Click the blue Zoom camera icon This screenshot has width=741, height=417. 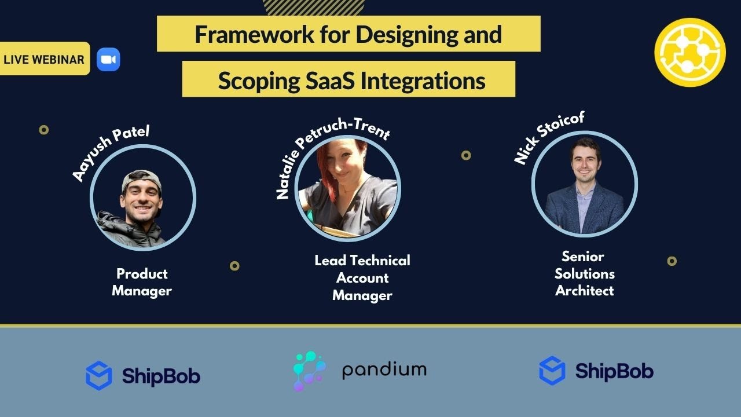tap(108, 60)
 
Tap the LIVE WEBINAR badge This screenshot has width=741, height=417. tap(44, 59)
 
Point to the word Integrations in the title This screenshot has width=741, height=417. tap(423, 81)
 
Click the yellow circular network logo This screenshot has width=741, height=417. tap(690, 53)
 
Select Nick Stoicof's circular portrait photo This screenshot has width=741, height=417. tap(585, 184)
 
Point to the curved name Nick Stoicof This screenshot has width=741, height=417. tap(549, 138)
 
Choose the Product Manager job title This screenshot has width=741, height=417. tap(142, 282)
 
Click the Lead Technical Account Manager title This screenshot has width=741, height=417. tap(362, 277)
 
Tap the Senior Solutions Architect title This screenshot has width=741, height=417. tap(584, 273)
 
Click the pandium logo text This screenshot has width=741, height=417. tap(384, 370)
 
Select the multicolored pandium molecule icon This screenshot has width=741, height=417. tap(309, 371)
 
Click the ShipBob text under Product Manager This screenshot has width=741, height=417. tap(161, 376)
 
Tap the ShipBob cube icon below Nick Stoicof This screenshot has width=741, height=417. tap(552, 371)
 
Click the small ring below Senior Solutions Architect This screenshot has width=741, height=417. tap(672, 261)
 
